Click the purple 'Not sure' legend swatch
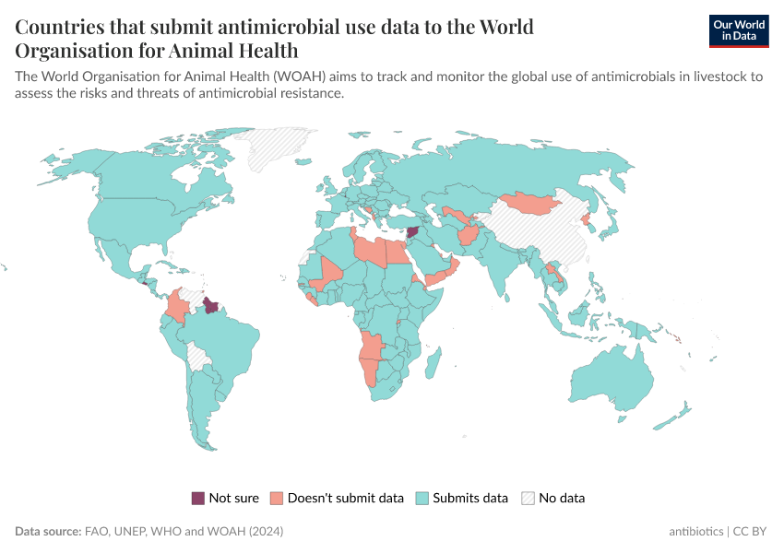pos(198,499)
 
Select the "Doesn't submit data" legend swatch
pos(277,499)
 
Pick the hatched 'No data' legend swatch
pos(528,499)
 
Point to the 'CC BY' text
pos(752,532)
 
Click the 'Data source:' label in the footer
pos(48,532)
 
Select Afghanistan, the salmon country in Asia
pos(467,237)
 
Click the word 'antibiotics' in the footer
pos(696,532)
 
